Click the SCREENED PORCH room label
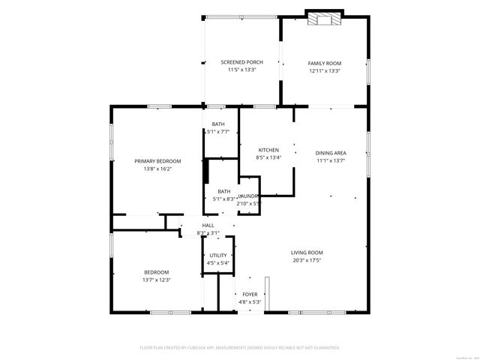tap(241, 61)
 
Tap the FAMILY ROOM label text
tap(325, 63)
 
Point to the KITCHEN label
tap(268, 149)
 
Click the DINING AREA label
tap(330, 152)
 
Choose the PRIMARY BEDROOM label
tap(157, 161)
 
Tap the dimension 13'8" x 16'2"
tap(157, 169)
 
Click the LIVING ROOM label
tap(307, 252)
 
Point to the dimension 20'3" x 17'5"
tap(307, 260)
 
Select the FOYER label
tap(249, 294)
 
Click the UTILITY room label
tap(218, 255)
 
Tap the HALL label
tap(208, 225)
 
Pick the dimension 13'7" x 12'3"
tap(157, 280)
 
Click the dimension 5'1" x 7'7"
tap(218, 132)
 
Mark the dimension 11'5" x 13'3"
tap(241, 70)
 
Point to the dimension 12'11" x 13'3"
tap(325, 70)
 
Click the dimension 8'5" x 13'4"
tap(268, 157)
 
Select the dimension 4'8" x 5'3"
tap(249, 302)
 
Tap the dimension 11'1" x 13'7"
tap(330, 160)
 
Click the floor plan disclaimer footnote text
tap(240, 348)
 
